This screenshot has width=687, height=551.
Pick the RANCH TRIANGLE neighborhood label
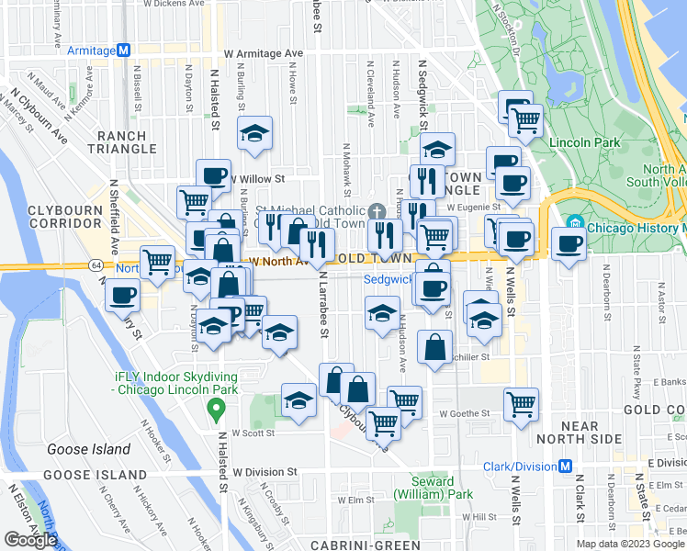[x=129, y=145]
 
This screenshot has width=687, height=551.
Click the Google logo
[x=30, y=539]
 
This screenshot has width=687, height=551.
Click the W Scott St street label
[x=253, y=432]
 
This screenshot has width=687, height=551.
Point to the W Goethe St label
[x=464, y=414]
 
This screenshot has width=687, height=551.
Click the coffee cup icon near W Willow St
[x=213, y=174]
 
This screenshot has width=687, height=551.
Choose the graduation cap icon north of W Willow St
[x=254, y=133]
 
